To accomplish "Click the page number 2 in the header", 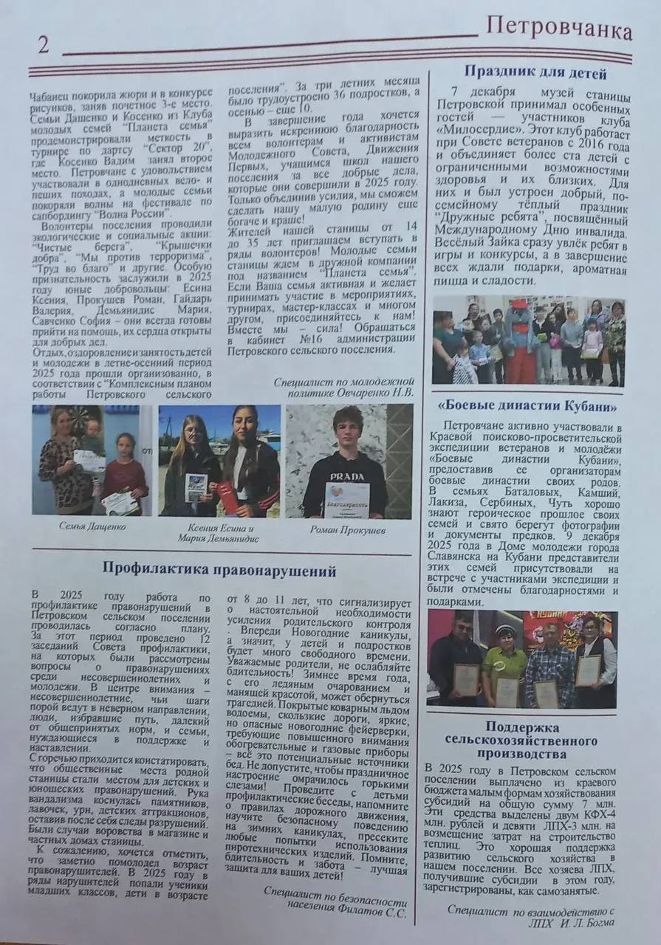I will (x=43, y=45).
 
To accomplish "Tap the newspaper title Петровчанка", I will (x=559, y=30).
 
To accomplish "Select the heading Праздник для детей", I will (x=535, y=73).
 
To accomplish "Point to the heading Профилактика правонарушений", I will (x=219, y=570).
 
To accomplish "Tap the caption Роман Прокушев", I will (x=348, y=529).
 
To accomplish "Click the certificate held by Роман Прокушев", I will (x=346, y=499).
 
